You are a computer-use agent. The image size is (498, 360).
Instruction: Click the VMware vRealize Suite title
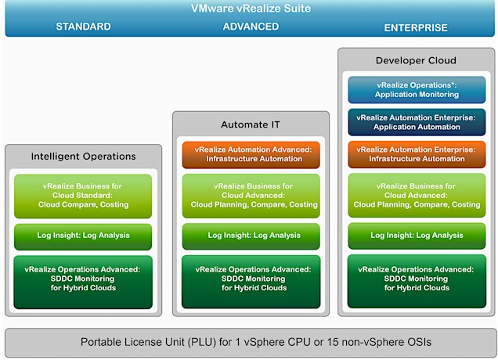click(251, 9)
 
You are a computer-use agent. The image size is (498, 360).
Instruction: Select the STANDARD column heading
click(83, 27)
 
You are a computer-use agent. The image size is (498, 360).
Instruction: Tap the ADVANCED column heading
click(251, 27)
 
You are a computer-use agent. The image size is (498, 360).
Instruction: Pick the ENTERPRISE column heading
click(416, 27)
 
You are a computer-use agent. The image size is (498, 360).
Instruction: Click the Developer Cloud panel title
click(416, 60)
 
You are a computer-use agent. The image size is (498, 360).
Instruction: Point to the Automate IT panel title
click(251, 124)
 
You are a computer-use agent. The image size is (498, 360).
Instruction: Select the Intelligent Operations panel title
click(84, 157)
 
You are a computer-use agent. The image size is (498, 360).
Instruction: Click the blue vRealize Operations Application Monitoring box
click(417, 90)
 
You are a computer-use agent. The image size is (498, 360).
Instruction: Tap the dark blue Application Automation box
click(417, 122)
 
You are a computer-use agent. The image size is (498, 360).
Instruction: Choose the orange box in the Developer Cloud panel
click(417, 154)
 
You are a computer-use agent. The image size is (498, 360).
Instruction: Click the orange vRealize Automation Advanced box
click(251, 155)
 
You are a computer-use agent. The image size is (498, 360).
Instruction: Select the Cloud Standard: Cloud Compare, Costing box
click(83, 196)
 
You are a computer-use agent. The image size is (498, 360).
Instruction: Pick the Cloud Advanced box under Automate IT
click(251, 196)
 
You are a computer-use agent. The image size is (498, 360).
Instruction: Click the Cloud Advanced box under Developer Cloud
click(417, 196)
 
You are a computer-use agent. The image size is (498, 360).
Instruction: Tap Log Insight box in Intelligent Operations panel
click(83, 237)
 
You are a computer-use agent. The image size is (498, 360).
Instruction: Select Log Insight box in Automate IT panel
click(251, 236)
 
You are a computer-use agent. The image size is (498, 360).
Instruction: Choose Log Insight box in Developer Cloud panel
click(417, 236)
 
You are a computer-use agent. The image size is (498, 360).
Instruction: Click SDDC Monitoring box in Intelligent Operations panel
click(83, 283)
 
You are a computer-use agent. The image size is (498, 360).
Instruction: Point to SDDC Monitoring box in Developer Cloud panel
click(417, 282)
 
